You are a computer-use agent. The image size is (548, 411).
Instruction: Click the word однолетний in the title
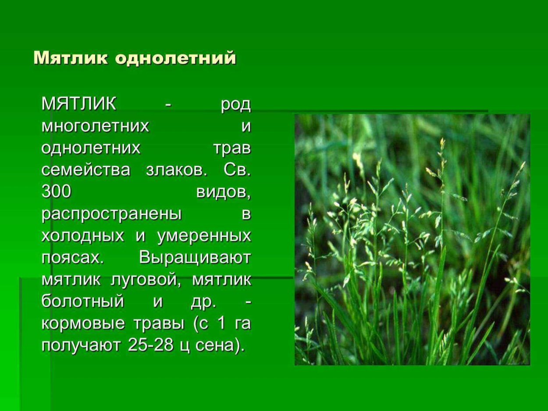tap(176, 58)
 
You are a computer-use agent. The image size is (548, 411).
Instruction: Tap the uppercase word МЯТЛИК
tap(79, 105)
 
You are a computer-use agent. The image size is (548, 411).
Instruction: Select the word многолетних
tap(96, 127)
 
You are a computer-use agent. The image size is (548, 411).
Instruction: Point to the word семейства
tap(86, 170)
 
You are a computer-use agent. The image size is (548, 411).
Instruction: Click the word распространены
tap(112, 214)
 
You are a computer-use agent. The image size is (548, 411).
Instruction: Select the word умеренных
tap(204, 236)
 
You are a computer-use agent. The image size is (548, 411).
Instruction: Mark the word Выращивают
tap(195, 258)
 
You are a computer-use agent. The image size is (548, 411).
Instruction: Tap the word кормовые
tap(81, 324)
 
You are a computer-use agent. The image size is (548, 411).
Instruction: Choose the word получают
tap(81, 346)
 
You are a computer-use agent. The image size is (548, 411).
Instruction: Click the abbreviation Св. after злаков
tap(237, 170)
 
